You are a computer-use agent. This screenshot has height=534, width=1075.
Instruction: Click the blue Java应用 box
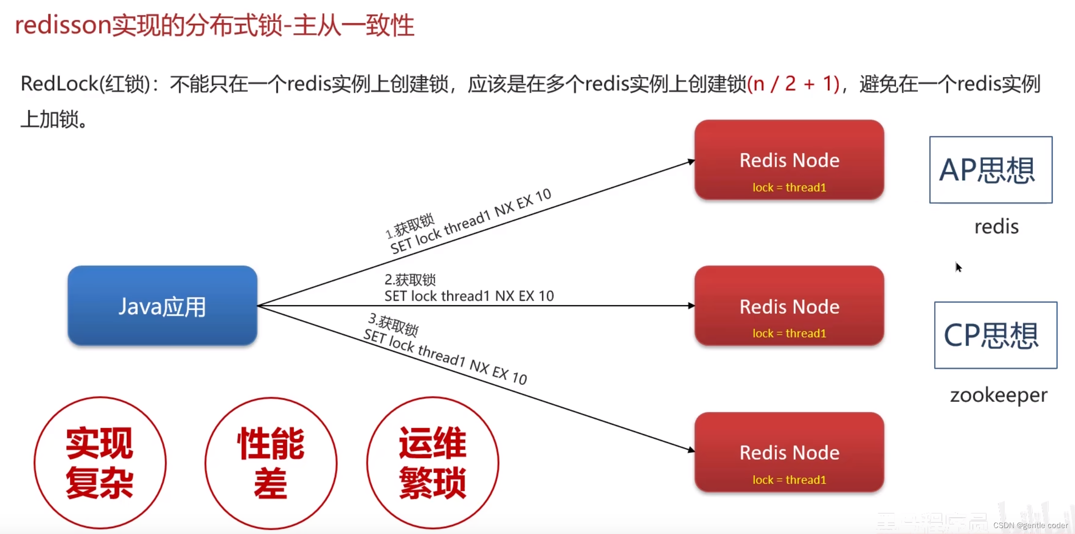click(x=162, y=305)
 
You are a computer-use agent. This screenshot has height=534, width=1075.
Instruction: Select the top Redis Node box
click(x=789, y=160)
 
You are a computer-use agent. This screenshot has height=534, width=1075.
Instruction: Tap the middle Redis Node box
click(x=789, y=306)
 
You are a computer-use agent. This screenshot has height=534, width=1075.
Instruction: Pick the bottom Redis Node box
click(x=789, y=452)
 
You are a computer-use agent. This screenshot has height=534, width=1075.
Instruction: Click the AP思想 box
click(x=991, y=169)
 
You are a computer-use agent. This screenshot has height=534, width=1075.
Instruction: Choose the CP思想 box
click(x=996, y=335)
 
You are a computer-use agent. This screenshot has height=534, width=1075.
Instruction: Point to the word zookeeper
click(x=998, y=395)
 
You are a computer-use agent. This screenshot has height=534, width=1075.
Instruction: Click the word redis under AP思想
click(x=996, y=226)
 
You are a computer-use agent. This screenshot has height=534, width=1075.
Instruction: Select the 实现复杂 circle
click(x=100, y=463)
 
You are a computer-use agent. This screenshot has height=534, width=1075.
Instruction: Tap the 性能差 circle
click(x=271, y=463)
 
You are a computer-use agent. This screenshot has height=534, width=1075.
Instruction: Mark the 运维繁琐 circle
click(x=433, y=463)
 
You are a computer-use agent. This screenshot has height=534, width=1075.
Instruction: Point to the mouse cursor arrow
click(x=958, y=267)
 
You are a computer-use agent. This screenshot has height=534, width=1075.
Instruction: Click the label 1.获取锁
click(x=410, y=226)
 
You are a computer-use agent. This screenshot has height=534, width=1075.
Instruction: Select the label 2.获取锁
click(x=410, y=279)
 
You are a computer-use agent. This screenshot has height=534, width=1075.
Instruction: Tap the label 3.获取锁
click(x=393, y=323)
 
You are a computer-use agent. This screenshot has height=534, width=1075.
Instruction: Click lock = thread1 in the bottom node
click(x=789, y=480)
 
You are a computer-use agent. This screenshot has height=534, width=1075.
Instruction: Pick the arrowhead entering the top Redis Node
click(x=691, y=161)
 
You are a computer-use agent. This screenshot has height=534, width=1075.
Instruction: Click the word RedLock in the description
click(x=59, y=84)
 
